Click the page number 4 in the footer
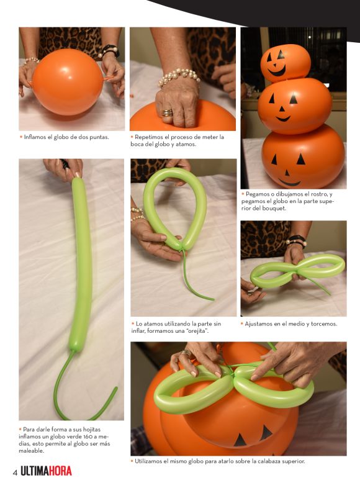(15, 473)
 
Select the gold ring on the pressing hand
(167, 112)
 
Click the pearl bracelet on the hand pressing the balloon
(179, 77)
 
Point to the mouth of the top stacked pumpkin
(277, 72)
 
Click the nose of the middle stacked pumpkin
(282, 109)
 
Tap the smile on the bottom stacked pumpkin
(289, 183)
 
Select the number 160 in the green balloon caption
(88, 436)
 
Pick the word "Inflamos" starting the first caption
(34, 137)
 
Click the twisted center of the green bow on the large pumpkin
(233, 372)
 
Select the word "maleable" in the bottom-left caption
(30, 451)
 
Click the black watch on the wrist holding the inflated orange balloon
(110, 50)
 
